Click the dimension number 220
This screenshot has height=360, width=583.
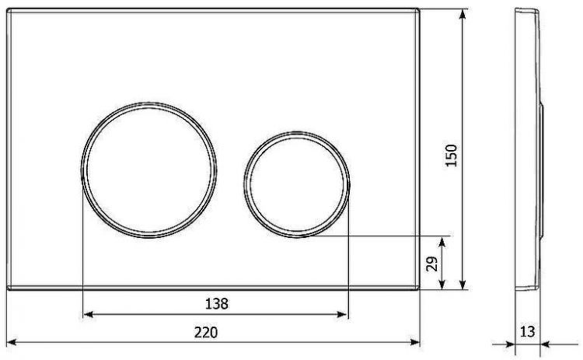click(205, 332)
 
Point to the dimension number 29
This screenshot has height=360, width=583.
click(433, 262)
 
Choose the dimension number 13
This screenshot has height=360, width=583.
click(527, 332)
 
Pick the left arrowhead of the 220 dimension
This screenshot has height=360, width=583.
click(11, 342)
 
